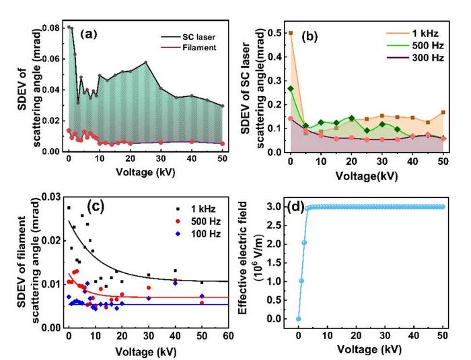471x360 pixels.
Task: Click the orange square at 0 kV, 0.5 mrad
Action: (291, 33)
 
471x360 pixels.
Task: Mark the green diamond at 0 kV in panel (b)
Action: (291, 88)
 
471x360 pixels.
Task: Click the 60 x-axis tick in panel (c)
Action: (229, 335)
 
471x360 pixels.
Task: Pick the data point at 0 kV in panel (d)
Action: (299, 319)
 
